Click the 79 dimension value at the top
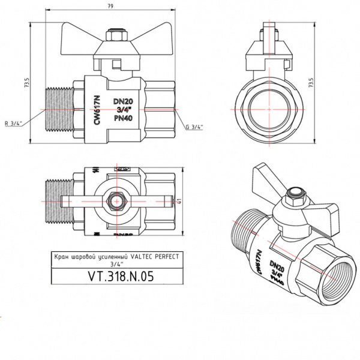[x=110, y=7]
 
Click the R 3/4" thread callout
[x=29, y=124]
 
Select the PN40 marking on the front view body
[x=123, y=119]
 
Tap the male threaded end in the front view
[x=59, y=110]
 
